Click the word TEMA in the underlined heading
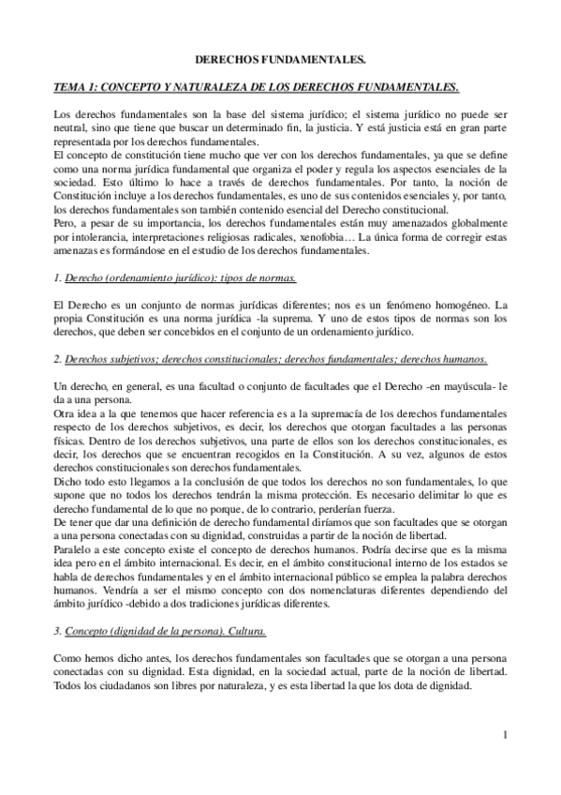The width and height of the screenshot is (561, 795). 67,88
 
